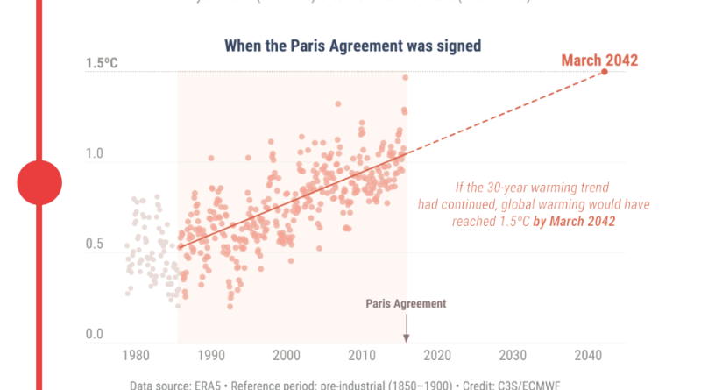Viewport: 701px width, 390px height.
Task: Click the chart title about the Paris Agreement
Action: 353,46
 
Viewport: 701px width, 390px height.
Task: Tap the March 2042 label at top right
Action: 599,60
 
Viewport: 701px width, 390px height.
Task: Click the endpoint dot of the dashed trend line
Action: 605,71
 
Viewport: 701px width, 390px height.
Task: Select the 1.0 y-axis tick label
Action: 95,154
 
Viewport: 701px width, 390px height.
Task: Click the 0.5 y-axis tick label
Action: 95,245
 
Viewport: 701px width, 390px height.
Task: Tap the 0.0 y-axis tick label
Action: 95,335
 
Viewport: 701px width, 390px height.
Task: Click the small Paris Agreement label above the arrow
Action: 406,303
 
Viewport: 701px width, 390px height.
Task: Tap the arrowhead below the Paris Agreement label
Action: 407,339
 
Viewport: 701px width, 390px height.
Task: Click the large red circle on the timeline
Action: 39,182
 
